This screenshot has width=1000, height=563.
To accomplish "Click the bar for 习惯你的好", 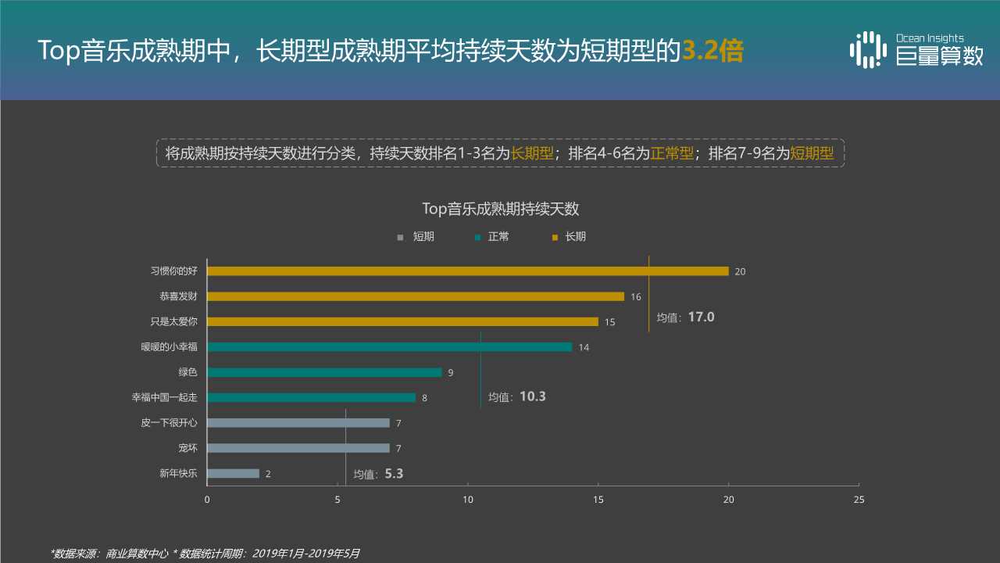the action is pyautogui.click(x=467, y=271).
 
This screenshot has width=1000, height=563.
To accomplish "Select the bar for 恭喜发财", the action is pyautogui.click(x=416, y=296).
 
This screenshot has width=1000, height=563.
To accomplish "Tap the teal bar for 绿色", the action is pyautogui.click(x=324, y=372).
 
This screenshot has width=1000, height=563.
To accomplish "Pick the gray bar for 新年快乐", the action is pyautogui.click(x=233, y=473).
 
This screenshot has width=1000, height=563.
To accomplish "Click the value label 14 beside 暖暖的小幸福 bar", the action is pyautogui.click(x=584, y=347).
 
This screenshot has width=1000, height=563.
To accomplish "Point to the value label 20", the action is pyautogui.click(x=740, y=271).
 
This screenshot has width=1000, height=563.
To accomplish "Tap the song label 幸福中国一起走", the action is pyautogui.click(x=164, y=397).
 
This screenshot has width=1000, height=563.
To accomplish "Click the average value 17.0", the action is pyautogui.click(x=701, y=317).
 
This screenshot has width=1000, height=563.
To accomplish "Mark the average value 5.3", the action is pyautogui.click(x=394, y=473).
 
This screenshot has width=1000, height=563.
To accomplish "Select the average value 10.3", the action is pyautogui.click(x=532, y=396).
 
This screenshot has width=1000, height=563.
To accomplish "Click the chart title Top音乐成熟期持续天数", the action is pyautogui.click(x=500, y=209).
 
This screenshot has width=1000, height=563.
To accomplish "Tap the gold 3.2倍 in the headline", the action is pyautogui.click(x=712, y=51).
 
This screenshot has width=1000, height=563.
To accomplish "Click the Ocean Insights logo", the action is pyautogui.click(x=916, y=49).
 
